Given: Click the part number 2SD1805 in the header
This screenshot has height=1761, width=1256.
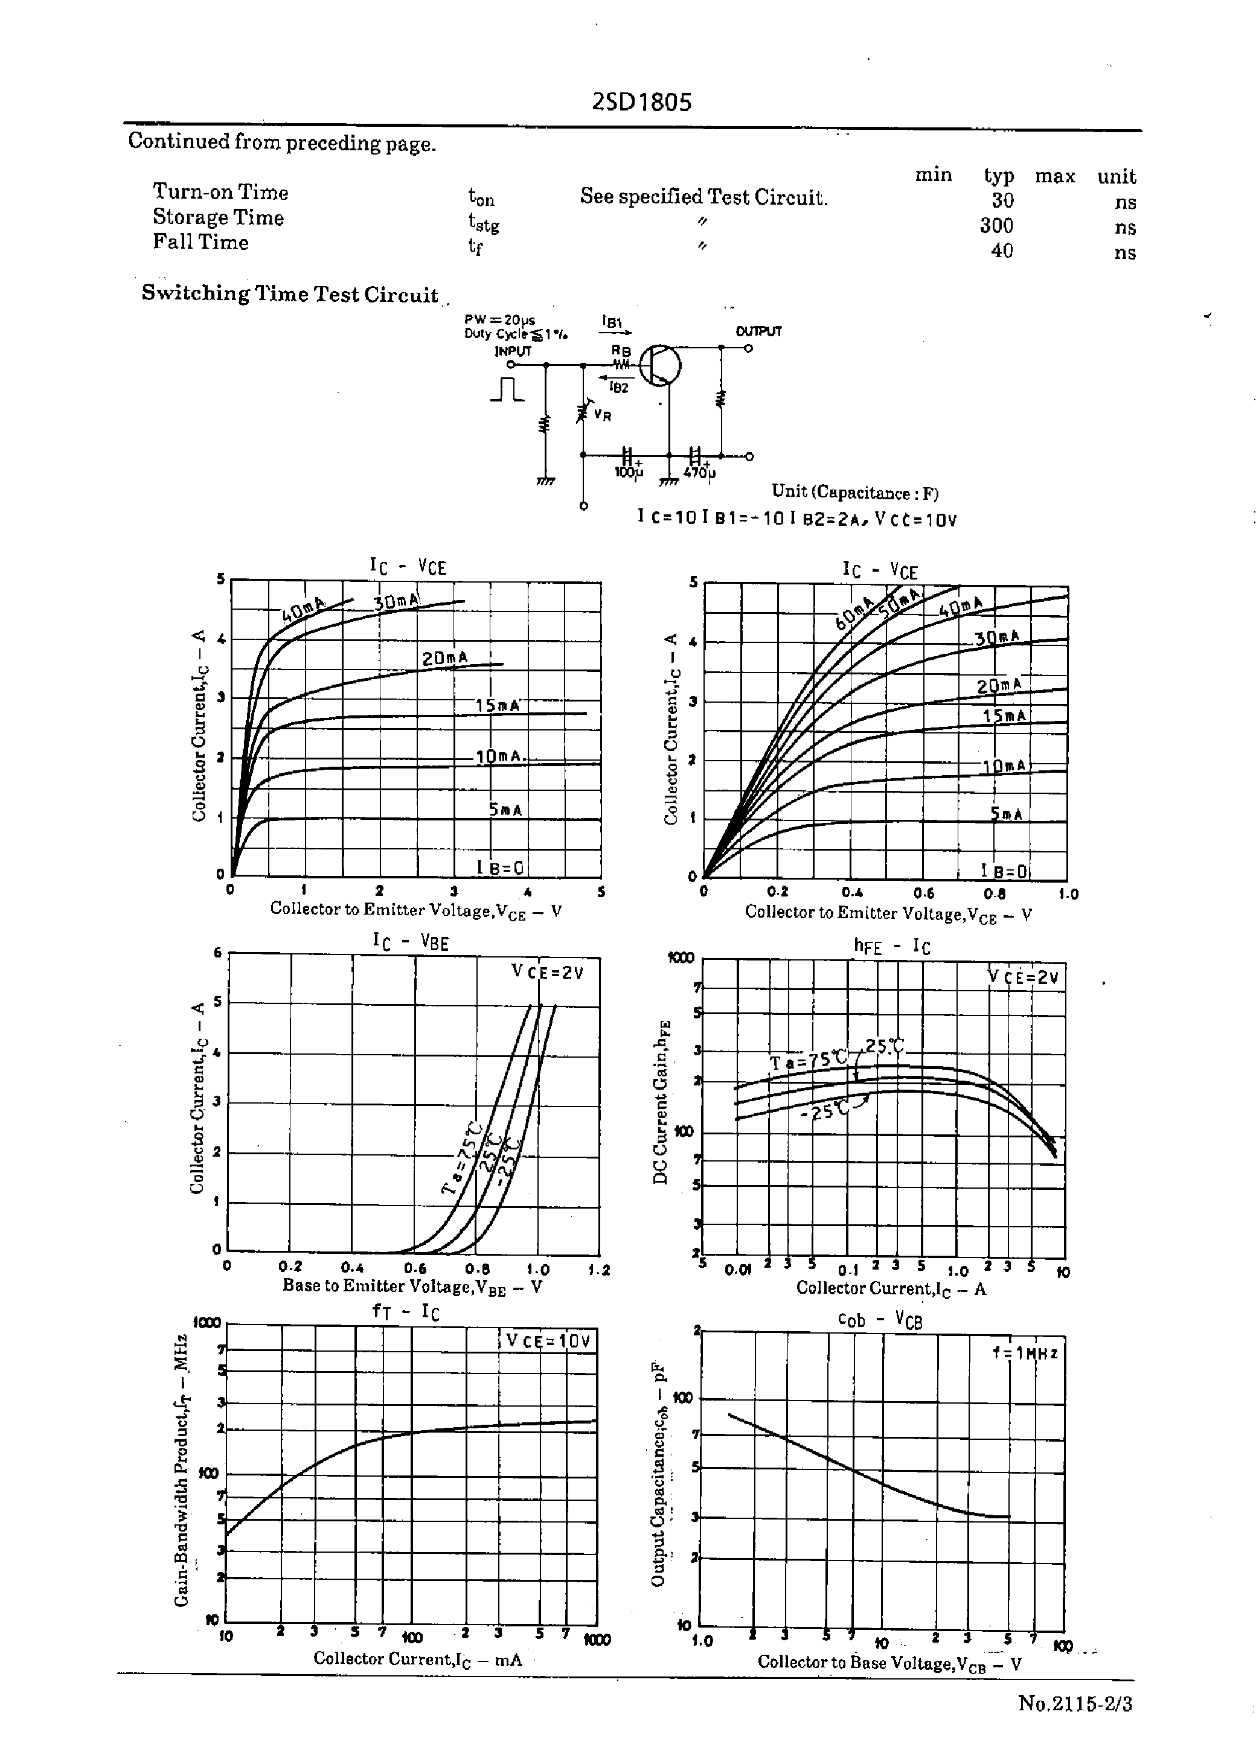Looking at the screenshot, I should tap(641, 102).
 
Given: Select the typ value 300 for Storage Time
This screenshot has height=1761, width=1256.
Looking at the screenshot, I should tap(996, 226).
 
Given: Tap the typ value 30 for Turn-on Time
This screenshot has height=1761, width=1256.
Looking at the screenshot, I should tap(1002, 201).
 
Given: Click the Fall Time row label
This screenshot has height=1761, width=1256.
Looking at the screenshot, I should tap(200, 242).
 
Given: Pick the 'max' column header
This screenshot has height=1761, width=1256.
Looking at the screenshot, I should tap(1055, 176).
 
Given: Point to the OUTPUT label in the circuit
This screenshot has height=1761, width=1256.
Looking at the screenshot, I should tap(758, 331).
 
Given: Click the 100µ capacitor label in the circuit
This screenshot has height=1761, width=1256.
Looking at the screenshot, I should tap(628, 471).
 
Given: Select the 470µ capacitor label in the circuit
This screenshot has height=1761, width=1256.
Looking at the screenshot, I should tap(699, 472).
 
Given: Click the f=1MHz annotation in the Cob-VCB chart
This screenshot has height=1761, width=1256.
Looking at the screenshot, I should tap(1025, 1353).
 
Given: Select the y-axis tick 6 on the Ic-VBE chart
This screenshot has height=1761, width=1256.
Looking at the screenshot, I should tap(217, 953).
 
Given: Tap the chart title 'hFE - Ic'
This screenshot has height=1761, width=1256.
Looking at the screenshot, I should tap(891, 946).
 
